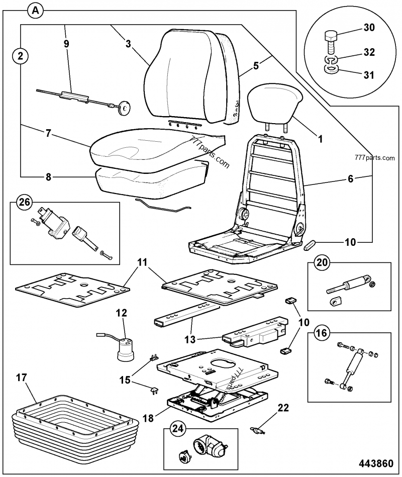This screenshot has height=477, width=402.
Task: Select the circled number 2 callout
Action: click(20, 56)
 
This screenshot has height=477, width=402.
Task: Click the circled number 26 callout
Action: click(23, 203)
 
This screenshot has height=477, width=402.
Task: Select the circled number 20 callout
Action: click(322, 263)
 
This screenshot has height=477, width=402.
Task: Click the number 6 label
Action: click(351, 178)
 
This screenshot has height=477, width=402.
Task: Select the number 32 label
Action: click(369, 52)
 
